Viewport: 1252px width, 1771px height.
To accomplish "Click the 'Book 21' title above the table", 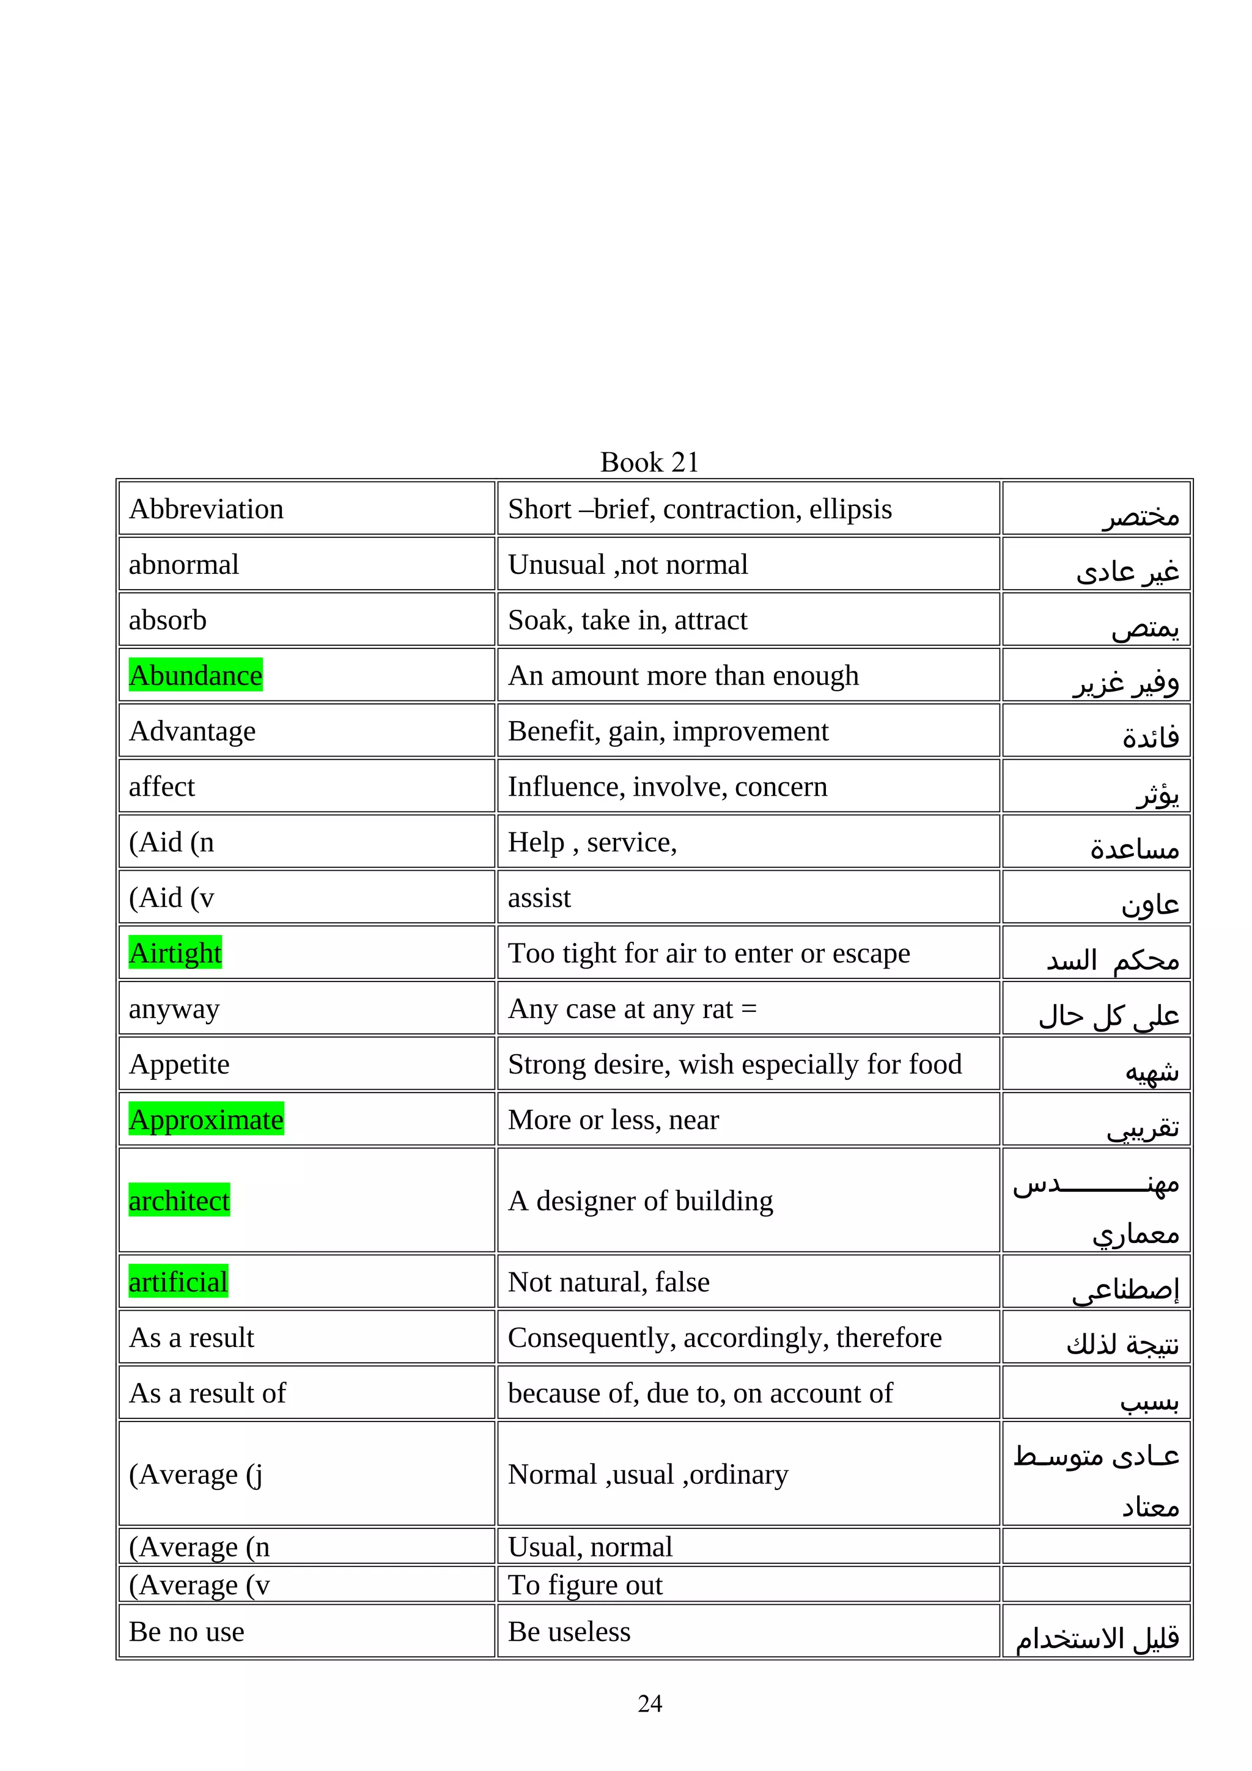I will click(649, 462).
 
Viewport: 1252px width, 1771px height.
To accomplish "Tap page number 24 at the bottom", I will click(649, 1703).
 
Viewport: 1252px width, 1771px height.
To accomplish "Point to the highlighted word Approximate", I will click(206, 1119).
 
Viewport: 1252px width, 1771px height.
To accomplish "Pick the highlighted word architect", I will click(179, 1200).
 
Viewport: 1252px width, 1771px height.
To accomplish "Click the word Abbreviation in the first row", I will click(206, 509).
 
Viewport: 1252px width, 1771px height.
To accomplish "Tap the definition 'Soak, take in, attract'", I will click(627, 620).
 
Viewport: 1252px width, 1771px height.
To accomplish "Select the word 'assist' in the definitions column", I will click(539, 898).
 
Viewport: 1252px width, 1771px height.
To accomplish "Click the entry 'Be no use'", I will click(186, 1632).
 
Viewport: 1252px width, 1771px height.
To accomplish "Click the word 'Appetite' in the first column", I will click(179, 1065).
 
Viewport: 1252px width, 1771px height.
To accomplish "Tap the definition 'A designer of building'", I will click(640, 1200).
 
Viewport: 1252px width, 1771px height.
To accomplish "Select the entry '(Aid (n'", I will click(171, 842).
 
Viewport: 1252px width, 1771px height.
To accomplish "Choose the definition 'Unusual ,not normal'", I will click(627, 565).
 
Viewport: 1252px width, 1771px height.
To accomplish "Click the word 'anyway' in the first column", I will click(174, 1009).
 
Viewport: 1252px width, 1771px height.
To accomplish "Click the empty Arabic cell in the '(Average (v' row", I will click(1095, 1585).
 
